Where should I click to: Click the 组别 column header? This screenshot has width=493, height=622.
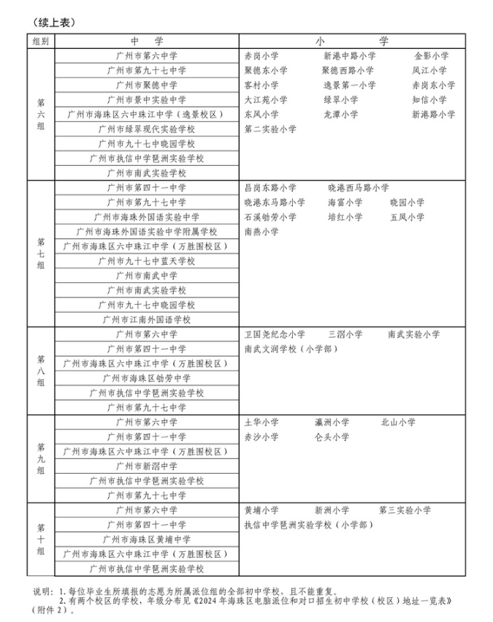(x=40, y=41)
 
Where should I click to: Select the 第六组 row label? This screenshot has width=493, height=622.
(x=40, y=114)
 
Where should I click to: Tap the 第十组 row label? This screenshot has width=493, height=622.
(x=40, y=539)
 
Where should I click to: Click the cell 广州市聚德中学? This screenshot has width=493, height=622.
(x=147, y=85)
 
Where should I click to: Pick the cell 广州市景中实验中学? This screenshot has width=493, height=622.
(x=147, y=99)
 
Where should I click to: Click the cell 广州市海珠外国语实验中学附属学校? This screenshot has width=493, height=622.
(x=147, y=232)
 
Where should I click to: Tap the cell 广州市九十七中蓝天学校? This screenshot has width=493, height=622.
(x=147, y=261)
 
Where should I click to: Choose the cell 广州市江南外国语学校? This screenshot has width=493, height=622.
(x=147, y=319)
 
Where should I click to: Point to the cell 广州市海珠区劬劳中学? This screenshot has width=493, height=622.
(x=147, y=378)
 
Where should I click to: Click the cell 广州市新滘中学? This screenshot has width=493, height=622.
(x=147, y=466)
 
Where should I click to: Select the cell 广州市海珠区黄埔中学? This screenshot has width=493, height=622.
(x=147, y=539)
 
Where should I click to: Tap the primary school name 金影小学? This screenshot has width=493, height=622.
(x=431, y=56)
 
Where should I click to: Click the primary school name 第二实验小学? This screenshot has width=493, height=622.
(x=270, y=129)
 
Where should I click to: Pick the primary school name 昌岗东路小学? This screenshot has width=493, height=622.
(x=270, y=188)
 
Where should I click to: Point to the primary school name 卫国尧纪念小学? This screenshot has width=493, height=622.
(x=275, y=334)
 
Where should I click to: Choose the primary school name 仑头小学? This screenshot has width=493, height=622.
(x=332, y=436)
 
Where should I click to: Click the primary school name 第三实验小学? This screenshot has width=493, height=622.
(x=405, y=509)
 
